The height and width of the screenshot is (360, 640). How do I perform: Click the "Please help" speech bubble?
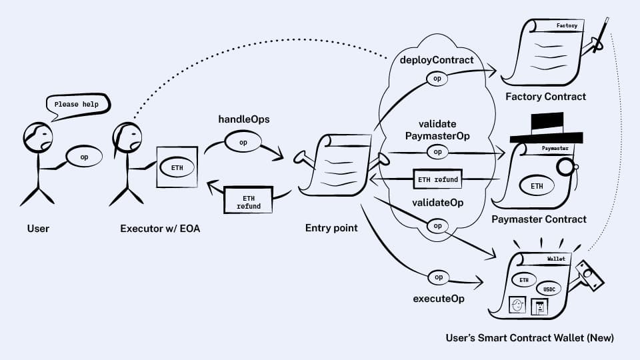point(76,105)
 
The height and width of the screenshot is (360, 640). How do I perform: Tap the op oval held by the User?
point(84,157)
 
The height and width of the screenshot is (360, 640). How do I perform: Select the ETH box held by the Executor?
point(177,167)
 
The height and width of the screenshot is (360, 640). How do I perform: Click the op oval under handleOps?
point(243,143)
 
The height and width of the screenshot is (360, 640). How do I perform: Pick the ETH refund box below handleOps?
point(248,201)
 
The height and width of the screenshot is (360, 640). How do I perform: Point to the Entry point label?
point(331,228)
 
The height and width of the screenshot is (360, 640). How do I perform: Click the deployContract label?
point(437,60)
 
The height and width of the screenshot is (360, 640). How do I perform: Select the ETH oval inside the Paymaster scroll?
point(537,186)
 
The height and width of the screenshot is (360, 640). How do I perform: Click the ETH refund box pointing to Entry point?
point(437,180)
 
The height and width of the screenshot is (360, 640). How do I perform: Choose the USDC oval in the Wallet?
point(549,289)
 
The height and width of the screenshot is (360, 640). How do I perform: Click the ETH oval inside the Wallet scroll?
point(523,280)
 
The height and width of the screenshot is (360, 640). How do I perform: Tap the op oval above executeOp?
point(438,277)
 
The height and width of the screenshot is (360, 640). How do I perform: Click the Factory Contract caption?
point(545,97)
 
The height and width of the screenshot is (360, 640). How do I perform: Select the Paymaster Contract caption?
point(539,219)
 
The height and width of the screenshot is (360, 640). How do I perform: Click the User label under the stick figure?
point(38,229)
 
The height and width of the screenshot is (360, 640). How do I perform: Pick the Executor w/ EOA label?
point(160,229)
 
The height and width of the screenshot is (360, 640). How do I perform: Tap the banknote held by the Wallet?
point(589,274)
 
